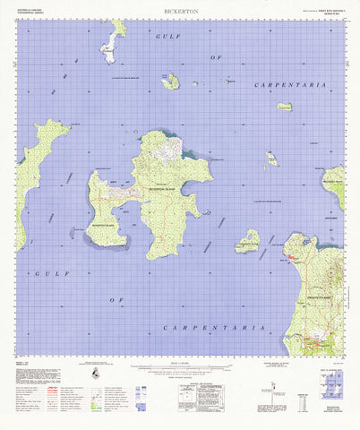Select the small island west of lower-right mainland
pyautogui.click(x=247, y=241)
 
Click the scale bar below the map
pyautogui.click(x=179, y=366)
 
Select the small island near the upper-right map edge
pyautogui.click(x=284, y=107)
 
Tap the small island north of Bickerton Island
pyautogui.click(x=170, y=82)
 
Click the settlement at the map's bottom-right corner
pyautogui.click(x=318, y=342)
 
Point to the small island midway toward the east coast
pyautogui.click(x=271, y=159)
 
